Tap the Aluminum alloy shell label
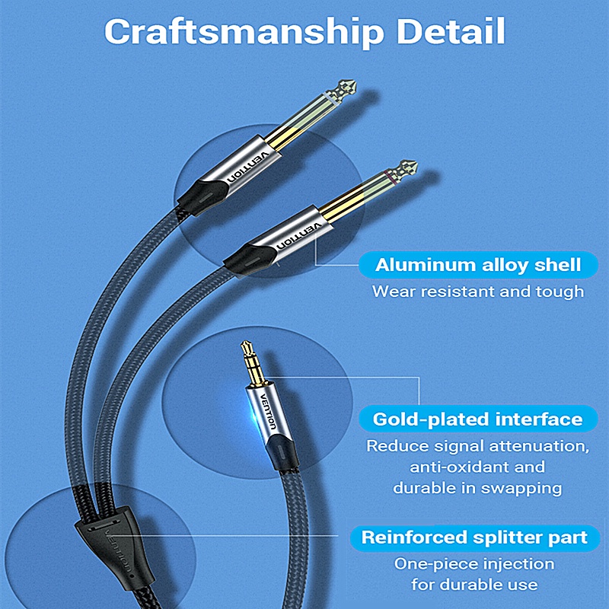478,266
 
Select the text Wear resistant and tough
478,291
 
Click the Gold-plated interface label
478,419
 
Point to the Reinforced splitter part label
474,537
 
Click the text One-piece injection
474,564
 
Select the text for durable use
474,585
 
